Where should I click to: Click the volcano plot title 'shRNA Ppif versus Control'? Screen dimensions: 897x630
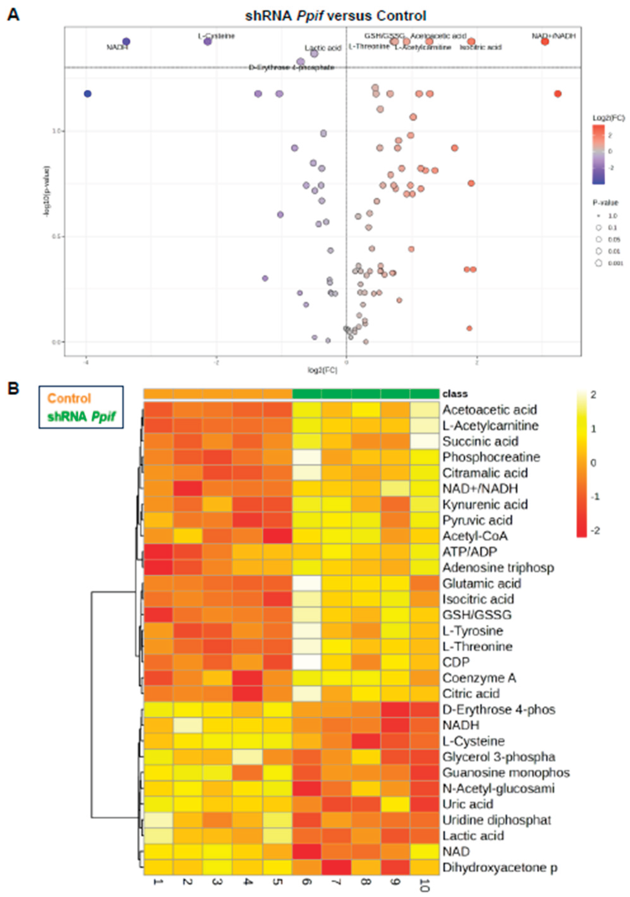click(x=335, y=16)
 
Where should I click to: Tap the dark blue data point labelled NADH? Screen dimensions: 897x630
click(x=126, y=41)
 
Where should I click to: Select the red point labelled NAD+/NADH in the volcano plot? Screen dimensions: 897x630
click(x=545, y=41)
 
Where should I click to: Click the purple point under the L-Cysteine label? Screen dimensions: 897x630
click(x=208, y=41)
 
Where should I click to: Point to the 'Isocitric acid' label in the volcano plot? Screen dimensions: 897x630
click(x=480, y=48)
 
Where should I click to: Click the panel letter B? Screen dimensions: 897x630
click(x=13, y=389)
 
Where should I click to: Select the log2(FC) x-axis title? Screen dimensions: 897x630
click(x=322, y=370)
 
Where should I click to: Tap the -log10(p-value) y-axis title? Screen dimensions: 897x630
click(x=47, y=191)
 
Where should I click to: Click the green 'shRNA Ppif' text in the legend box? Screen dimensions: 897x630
click(x=81, y=416)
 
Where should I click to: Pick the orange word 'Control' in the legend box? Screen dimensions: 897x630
click(x=69, y=398)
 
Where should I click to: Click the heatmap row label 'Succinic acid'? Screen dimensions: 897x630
click(x=480, y=442)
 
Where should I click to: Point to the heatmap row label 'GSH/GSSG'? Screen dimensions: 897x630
click(x=476, y=615)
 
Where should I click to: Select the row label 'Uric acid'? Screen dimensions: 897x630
click(x=467, y=804)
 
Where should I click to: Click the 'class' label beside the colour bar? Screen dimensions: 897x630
click(x=455, y=394)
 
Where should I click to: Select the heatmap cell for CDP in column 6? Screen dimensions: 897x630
click(x=307, y=662)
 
